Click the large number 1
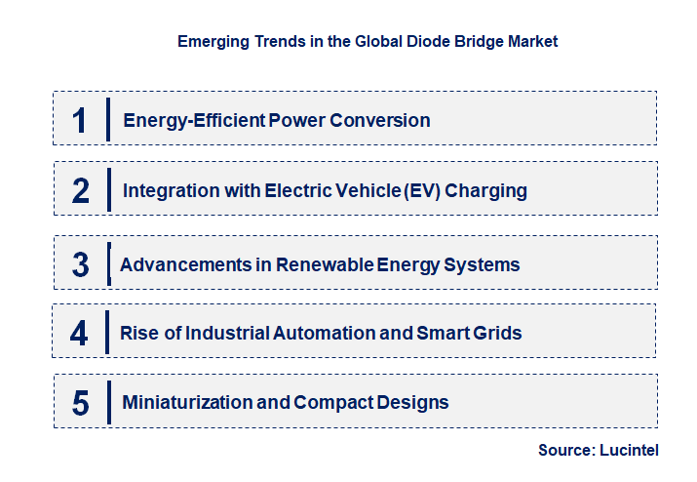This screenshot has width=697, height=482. (80, 120)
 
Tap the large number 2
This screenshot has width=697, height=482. (81, 190)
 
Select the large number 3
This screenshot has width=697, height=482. (81, 264)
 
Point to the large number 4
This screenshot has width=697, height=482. (80, 334)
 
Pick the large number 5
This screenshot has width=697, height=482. (81, 402)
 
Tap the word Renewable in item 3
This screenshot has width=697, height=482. (319, 264)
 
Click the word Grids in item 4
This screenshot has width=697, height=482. (497, 334)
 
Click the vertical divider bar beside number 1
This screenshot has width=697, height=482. (107, 120)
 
